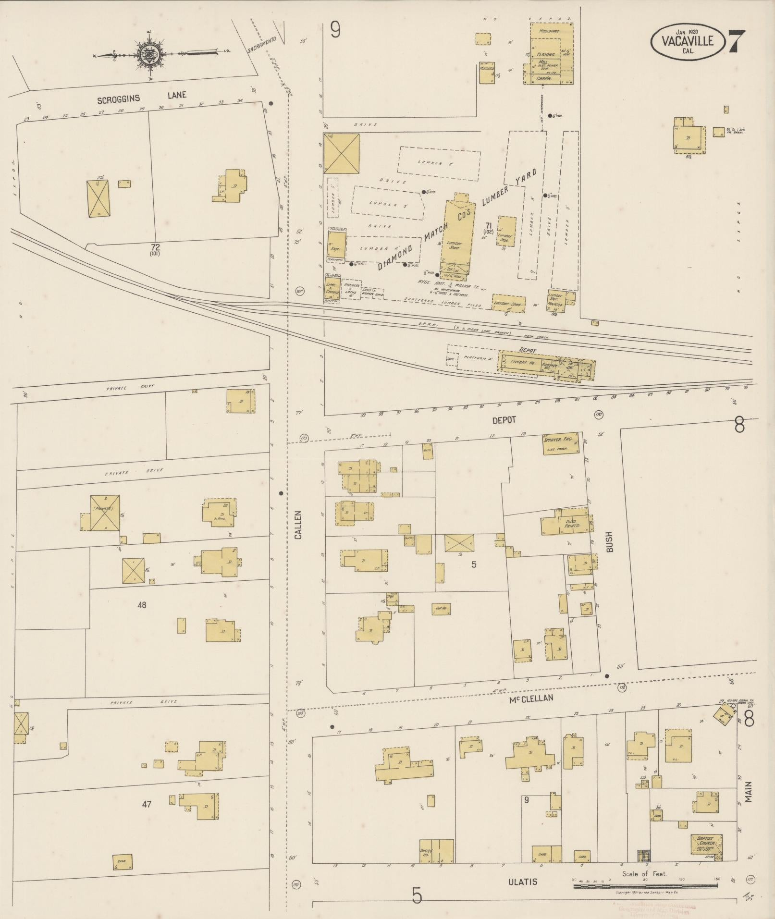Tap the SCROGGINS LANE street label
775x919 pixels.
(x=141, y=98)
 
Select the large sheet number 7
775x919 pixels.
(x=737, y=42)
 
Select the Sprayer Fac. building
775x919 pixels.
(x=560, y=443)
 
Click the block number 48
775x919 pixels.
(x=142, y=605)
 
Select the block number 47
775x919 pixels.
(x=147, y=804)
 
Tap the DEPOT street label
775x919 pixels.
(x=504, y=420)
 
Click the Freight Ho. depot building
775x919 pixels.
(x=520, y=362)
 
